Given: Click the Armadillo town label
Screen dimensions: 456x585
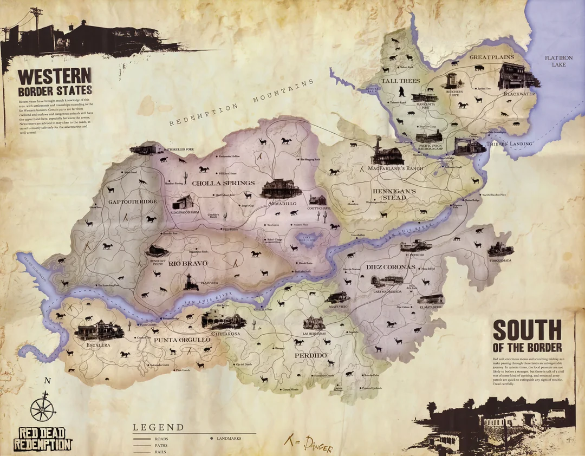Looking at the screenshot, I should coord(282,203).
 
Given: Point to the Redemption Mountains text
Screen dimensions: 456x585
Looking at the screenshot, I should coord(241,103).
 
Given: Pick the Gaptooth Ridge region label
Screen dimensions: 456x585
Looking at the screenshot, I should coord(132,201).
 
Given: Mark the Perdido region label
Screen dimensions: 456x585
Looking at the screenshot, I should coord(310,355).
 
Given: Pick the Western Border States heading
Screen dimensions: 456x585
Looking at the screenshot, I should coord(55,82).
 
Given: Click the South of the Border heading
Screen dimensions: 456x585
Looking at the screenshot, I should coord(526,335).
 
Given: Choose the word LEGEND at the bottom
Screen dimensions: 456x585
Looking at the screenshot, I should coord(158,427).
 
